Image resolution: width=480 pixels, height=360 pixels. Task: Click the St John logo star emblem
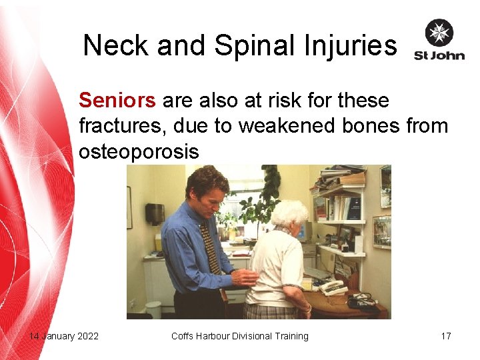[439, 33]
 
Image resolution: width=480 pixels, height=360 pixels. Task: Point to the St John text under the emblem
[439, 55]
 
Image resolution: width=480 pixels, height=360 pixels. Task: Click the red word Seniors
[117, 101]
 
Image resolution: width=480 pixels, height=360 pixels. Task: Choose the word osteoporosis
[139, 151]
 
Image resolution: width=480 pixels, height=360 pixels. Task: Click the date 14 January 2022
[64, 336]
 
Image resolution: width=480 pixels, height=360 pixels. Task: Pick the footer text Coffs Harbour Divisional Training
[240, 336]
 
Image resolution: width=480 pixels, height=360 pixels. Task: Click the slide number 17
[446, 336]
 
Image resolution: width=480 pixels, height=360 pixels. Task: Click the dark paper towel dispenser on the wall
[155, 213]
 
